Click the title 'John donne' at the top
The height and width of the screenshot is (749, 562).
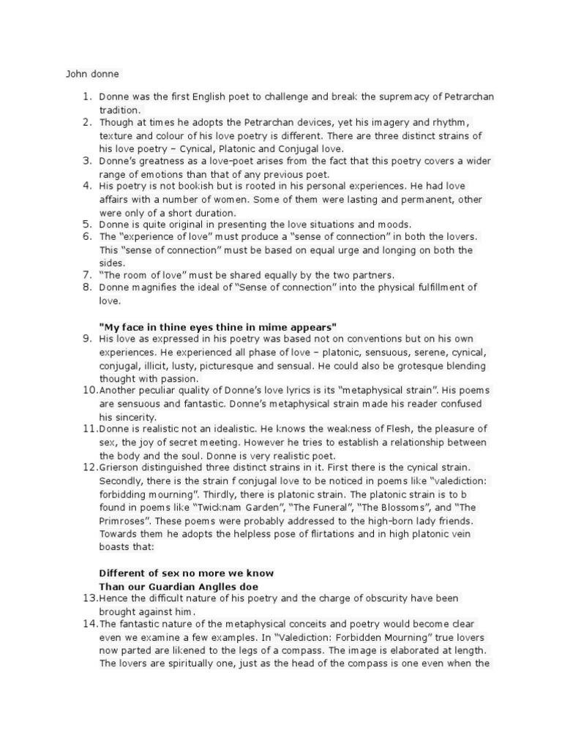coord(92,74)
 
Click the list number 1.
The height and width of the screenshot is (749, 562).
coord(86,96)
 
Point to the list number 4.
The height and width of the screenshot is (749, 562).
coord(86,186)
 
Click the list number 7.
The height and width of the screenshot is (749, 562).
coord(86,275)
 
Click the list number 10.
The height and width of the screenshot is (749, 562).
coord(89,390)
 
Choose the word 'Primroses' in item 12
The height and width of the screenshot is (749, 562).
coord(124,520)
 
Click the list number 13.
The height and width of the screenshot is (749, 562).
coord(89,598)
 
